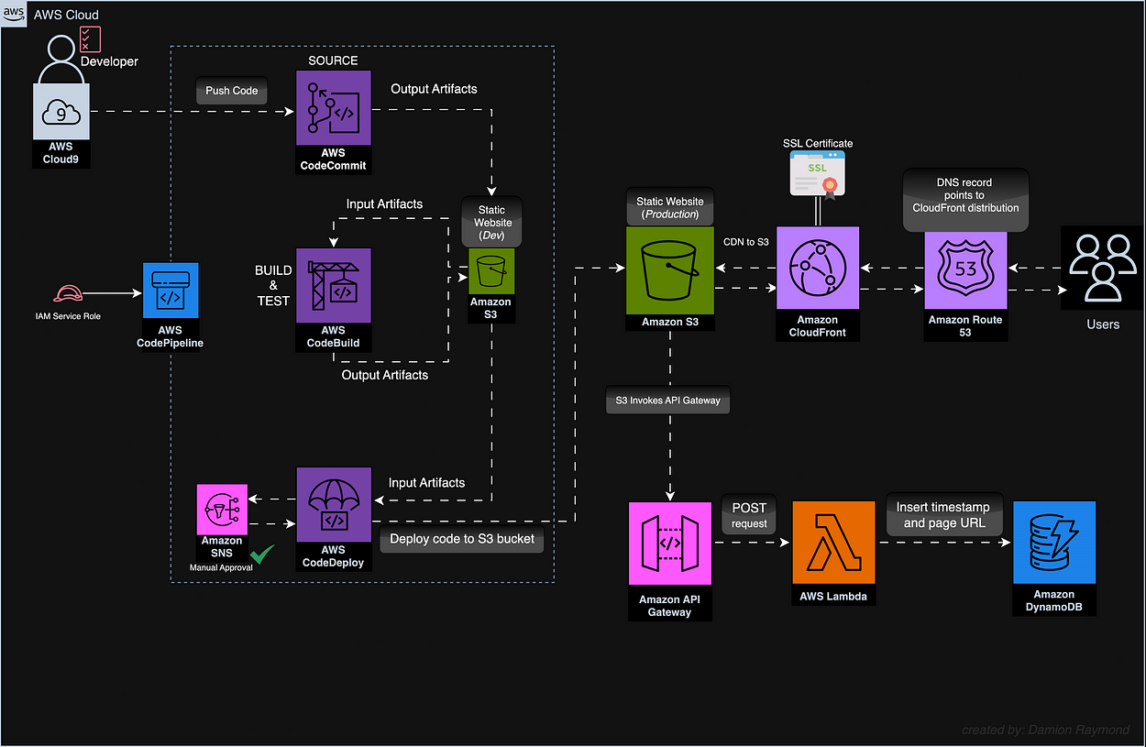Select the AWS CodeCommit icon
334,108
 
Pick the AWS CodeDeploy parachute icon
334,504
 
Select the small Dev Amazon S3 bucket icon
490,271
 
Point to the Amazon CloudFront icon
817,268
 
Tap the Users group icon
1101,268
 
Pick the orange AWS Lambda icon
833,542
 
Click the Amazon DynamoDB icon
1053,542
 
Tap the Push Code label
231,91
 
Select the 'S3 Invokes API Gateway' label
667,400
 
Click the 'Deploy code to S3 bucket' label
462,539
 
